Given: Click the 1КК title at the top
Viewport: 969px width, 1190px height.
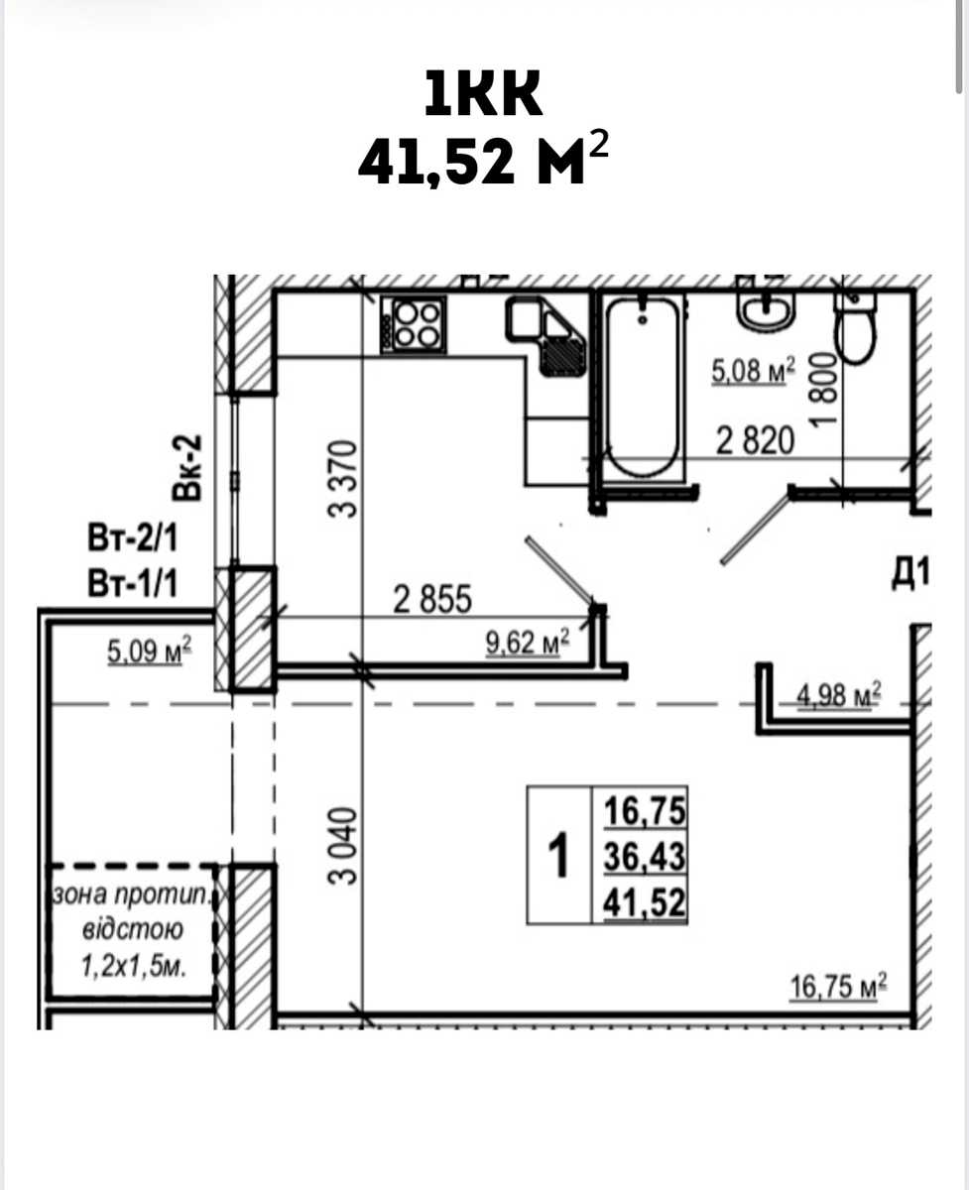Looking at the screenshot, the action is [483, 93].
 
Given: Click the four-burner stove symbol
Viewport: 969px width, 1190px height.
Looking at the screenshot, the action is [414, 324].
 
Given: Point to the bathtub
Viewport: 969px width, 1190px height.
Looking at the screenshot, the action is [644, 388].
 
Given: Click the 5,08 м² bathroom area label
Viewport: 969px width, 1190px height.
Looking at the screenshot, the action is [753, 371].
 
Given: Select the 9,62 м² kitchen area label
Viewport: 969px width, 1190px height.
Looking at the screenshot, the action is [528, 642].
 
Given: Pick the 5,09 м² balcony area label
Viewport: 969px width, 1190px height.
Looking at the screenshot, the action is [149, 651].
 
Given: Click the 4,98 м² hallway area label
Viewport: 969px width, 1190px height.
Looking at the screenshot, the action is [839, 695].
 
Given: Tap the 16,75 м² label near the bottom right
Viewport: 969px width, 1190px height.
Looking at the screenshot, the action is [838, 986].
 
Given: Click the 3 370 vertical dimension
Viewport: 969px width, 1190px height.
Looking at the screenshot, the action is [342, 478].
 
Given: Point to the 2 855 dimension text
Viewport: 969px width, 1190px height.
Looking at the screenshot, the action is [432, 600].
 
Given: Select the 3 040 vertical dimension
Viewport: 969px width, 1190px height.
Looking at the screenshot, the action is [342, 845].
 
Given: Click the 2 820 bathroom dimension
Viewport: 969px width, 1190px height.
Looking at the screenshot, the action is [755, 441].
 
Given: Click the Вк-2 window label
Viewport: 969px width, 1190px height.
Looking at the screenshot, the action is [186, 467].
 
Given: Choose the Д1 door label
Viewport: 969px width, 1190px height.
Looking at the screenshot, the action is [910, 573].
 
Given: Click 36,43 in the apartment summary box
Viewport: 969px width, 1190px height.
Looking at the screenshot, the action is [645, 856].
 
